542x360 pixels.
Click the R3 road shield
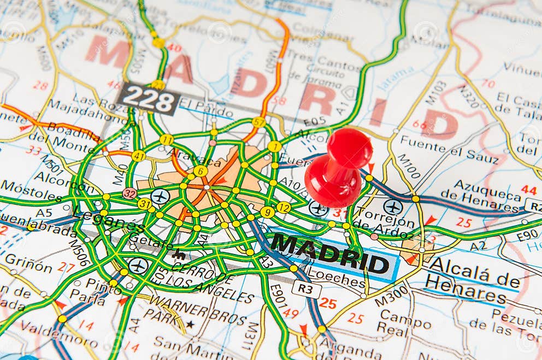[x=306, y=288]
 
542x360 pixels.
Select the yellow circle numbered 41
[x=138, y=156]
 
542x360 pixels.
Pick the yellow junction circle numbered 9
[x=267, y=212]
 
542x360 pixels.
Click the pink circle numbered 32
[x=129, y=193]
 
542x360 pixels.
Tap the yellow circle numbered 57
[x=259, y=122]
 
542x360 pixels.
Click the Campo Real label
[x=402, y=321]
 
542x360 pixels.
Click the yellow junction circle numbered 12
[x=284, y=208]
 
